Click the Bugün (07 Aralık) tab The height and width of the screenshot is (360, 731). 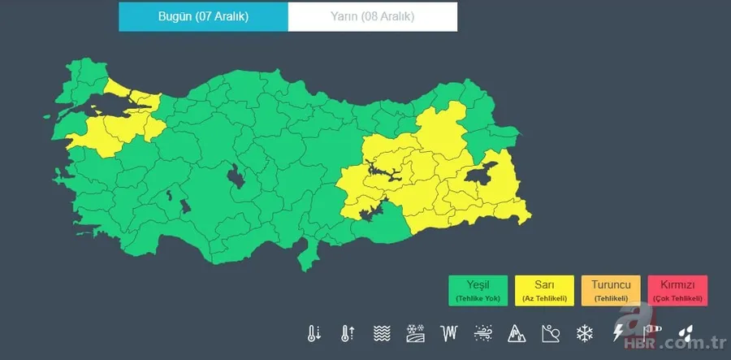[x=203, y=16]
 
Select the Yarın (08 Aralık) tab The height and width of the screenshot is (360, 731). [x=372, y=16]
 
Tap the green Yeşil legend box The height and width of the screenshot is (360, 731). [x=478, y=290]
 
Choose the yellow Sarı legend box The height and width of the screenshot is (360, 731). [x=544, y=290]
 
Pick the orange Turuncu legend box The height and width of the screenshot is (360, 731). [x=611, y=290]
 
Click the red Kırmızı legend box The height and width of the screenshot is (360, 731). [x=677, y=290]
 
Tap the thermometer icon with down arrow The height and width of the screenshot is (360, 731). [x=314, y=333]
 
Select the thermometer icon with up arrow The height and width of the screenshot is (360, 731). [x=348, y=333]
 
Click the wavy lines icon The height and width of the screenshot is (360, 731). [x=382, y=333]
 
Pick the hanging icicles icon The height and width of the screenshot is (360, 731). [x=449, y=333]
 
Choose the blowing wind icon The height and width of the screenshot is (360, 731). [x=483, y=333]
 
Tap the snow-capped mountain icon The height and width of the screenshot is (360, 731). [x=517, y=333]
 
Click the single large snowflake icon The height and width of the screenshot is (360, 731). [x=584, y=333]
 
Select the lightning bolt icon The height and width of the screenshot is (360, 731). [x=618, y=333]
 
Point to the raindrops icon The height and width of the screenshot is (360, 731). [x=686, y=333]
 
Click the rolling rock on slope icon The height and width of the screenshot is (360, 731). [x=551, y=333]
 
